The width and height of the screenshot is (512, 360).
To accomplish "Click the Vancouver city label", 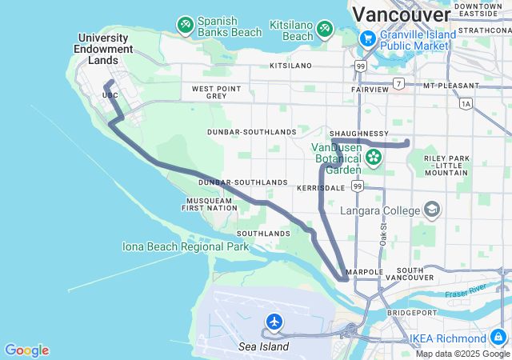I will [x=401, y=14].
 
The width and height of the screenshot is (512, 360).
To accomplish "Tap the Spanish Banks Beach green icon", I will [x=186, y=26].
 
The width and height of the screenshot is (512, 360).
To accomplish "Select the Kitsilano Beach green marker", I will [x=325, y=30].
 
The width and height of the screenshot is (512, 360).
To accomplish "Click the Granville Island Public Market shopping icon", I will [x=367, y=38].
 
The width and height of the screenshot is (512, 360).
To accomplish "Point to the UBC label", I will [x=110, y=95].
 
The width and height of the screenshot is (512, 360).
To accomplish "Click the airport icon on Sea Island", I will [x=274, y=322].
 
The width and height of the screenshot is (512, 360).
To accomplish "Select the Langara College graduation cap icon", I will [x=432, y=210].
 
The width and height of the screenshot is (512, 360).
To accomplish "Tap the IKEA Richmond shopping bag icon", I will [x=498, y=338].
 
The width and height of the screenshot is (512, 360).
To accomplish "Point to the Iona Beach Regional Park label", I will [x=186, y=246].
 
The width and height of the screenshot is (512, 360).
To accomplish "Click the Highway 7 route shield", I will [x=398, y=84].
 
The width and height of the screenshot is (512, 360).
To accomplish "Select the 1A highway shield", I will [x=466, y=103].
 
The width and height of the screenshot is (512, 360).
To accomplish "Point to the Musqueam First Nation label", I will [x=210, y=204].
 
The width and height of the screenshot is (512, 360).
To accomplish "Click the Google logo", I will [x=26, y=350].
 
